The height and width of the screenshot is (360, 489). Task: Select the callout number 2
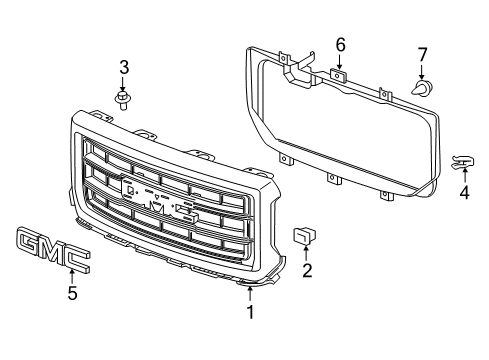pyautogui.click(x=308, y=268)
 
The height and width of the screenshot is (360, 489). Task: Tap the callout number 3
pyautogui.click(x=125, y=68)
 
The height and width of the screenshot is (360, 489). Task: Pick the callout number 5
pyautogui.click(x=71, y=294)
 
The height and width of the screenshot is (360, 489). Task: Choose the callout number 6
pyautogui.click(x=341, y=45)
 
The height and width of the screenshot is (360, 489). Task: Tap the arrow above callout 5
pyautogui.click(x=71, y=275)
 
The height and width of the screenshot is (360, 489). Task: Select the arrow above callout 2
pyautogui.click(x=308, y=251)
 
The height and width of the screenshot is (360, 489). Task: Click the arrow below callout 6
pyautogui.click(x=341, y=62)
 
